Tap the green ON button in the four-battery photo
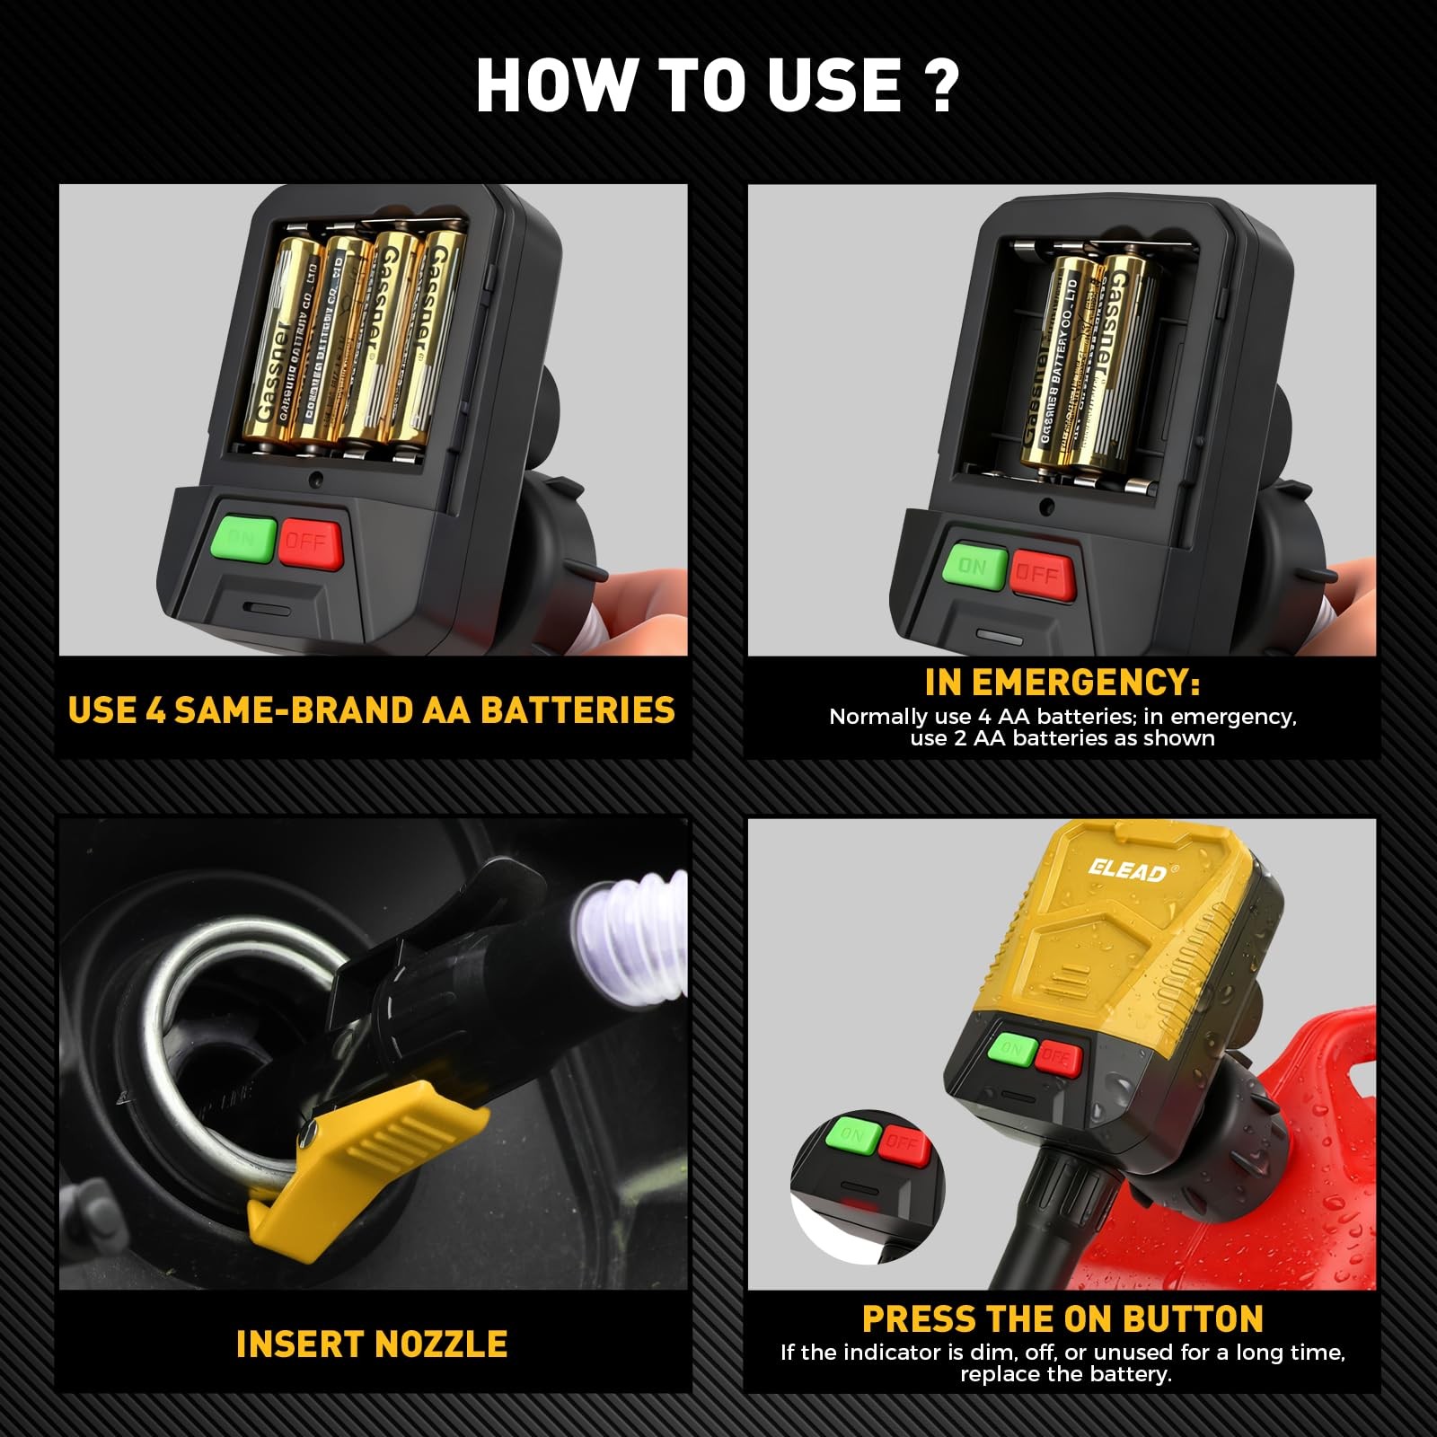point(242,538)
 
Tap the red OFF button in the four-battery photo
point(310,543)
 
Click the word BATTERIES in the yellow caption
point(577,710)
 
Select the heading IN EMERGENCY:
point(1062,683)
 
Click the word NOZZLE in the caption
point(440,1344)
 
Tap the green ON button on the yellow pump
point(1012,1048)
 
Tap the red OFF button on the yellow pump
point(1057,1058)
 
